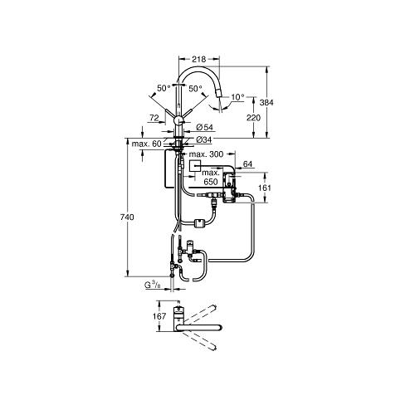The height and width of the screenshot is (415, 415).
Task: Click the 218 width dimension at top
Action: [x=199, y=59]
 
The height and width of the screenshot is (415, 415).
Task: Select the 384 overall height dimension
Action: [x=266, y=103]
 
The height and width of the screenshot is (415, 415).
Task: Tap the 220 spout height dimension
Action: [x=253, y=118]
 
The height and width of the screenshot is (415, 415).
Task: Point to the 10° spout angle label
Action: [x=238, y=97]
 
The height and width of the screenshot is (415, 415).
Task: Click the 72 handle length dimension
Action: [x=154, y=118]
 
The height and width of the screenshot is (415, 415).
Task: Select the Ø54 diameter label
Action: [x=204, y=127]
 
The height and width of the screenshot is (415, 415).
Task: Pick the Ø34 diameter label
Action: [x=204, y=140]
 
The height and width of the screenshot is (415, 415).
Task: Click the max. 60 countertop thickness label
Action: [x=146, y=144]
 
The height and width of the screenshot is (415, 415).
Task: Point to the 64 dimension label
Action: [x=247, y=164]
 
